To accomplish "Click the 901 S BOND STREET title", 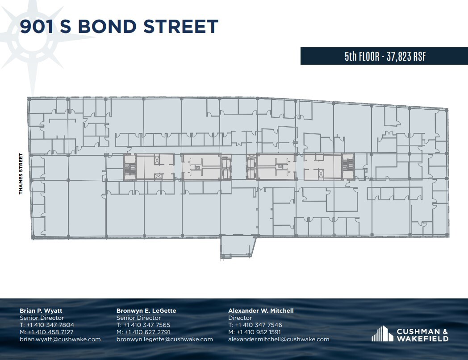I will tap(119, 26).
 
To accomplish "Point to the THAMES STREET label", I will tap(21, 174).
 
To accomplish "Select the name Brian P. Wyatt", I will tap(41, 310).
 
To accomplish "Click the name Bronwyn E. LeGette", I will tap(146, 310).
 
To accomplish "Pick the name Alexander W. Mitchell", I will tap(261, 310).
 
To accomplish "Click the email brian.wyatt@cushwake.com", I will tap(60, 339).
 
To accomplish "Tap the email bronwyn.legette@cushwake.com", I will tap(164, 339).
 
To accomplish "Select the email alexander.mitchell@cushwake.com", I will tap(279, 339).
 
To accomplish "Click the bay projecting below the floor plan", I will tap(238, 247).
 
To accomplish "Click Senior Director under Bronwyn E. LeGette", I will tap(138, 318).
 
